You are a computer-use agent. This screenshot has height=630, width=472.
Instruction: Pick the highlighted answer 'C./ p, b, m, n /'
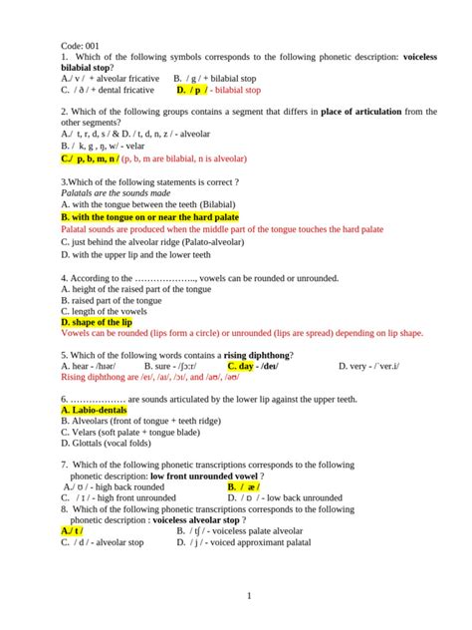tap(90, 157)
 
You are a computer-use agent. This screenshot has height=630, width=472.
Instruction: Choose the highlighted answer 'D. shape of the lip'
tap(96, 323)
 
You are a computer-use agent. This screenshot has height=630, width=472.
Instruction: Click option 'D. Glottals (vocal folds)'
tap(112, 446)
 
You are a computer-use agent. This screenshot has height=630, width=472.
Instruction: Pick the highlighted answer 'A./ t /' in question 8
tap(72, 531)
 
